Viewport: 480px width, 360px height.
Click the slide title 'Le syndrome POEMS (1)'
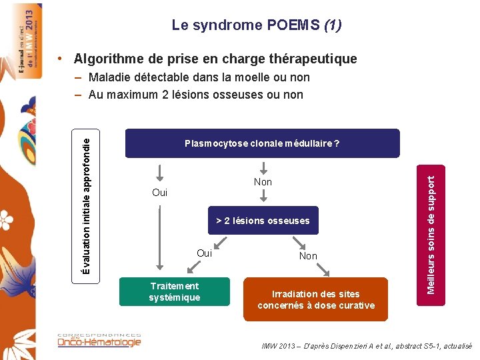(257, 25)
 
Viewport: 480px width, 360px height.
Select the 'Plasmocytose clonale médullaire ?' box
(263, 143)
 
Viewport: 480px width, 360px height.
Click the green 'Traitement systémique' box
(174, 292)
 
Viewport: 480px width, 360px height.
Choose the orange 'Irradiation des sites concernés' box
(316, 299)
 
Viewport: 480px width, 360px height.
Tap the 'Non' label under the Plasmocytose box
(263, 182)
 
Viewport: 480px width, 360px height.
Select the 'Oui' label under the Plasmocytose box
(160, 193)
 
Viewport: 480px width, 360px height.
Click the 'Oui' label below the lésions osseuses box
(204, 253)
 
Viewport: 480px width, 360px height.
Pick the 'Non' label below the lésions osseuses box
(308, 256)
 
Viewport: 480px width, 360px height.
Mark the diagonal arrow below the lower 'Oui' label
(193, 268)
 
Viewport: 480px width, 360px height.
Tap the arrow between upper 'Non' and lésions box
(263, 196)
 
